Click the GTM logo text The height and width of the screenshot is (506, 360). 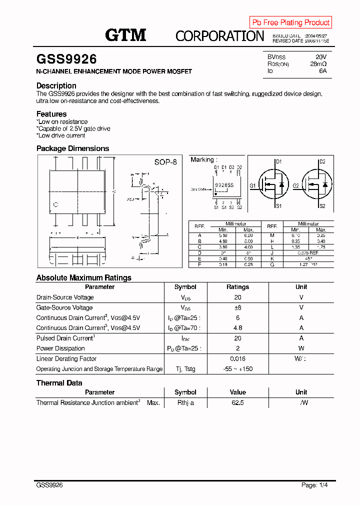click(x=125, y=35)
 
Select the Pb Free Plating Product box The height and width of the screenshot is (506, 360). click(x=290, y=22)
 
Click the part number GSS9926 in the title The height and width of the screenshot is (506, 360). click(x=66, y=59)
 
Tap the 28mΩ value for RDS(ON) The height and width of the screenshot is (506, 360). click(x=318, y=64)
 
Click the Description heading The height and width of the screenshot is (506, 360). click(x=56, y=85)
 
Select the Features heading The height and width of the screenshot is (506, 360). click(x=51, y=114)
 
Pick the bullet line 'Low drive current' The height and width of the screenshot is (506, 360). click(x=61, y=135)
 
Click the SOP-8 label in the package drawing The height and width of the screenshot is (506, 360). click(x=165, y=162)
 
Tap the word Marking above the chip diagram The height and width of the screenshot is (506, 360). click(x=202, y=159)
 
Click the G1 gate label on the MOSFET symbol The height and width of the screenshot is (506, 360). click(x=253, y=185)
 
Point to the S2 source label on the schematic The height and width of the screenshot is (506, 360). click(x=322, y=206)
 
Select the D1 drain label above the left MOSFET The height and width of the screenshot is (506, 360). click(x=279, y=161)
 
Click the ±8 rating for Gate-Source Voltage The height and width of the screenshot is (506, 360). click(x=237, y=307)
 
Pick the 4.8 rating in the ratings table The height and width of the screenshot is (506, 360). click(x=237, y=328)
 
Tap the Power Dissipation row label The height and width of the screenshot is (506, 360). click(x=60, y=348)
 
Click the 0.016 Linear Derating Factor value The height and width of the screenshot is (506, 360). click(x=237, y=358)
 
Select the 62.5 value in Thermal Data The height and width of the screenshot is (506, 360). click(x=237, y=402)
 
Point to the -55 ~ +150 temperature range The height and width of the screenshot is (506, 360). click(x=237, y=369)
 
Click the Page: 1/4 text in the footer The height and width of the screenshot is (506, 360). click(x=314, y=485)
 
